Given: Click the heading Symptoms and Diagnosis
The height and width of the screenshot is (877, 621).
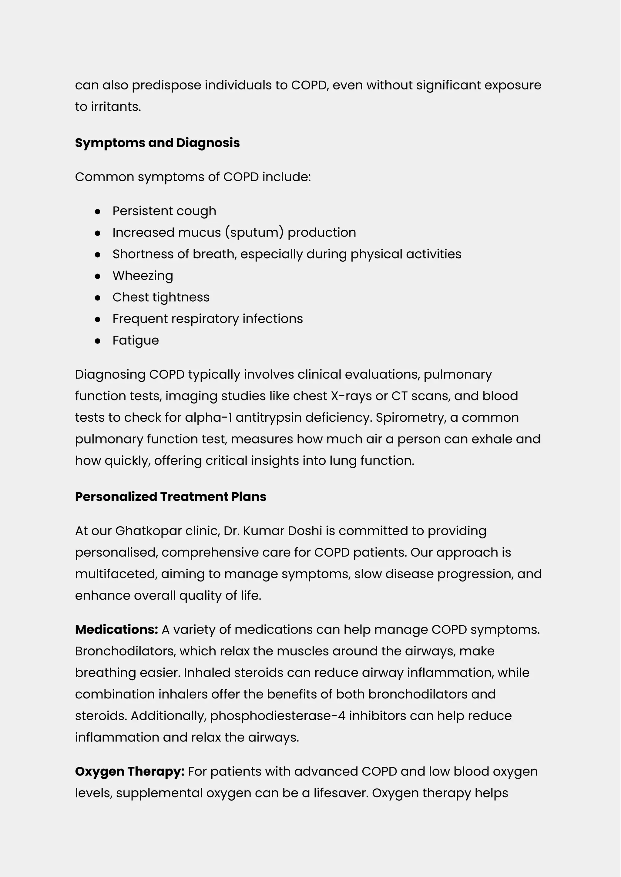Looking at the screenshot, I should pyautogui.click(x=157, y=143).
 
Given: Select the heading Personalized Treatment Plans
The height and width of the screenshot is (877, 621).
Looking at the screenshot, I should pyautogui.click(x=170, y=497).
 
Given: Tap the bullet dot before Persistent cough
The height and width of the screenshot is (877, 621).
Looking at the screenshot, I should pyautogui.click(x=98, y=211).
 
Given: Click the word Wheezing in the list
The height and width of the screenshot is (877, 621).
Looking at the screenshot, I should pyautogui.click(x=143, y=276).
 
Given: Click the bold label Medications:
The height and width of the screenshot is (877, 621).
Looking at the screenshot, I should pyautogui.click(x=116, y=630).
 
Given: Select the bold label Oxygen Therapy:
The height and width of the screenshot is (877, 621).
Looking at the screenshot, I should pyautogui.click(x=130, y=772).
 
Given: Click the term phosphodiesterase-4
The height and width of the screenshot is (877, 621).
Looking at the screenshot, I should pyautogui.click(x=278, y=716).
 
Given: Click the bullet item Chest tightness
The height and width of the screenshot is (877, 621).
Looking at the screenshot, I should pyautogui.click(x=161, y=297).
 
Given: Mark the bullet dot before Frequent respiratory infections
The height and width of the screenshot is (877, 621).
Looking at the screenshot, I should pyautogui.click(x=98, y=319).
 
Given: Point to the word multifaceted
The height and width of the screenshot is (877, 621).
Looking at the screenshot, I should pyautogui.click(x=116, y=574).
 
